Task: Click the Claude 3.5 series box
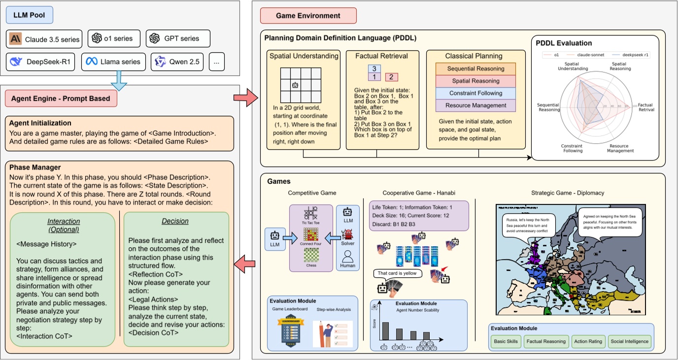click(44, 38)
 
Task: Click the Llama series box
click(113, 62)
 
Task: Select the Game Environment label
click(308, 16)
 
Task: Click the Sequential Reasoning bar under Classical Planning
click(475, 69)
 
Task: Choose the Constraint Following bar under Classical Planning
click(475, 93)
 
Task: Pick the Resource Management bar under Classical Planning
click(475, 105)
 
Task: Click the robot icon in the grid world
click(295, 85)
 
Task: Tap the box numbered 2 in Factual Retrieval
click(391, 77)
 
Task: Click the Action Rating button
click(587, 341)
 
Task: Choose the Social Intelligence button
click(630, 341)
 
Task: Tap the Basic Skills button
click(506, 341)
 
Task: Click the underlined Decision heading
click(175, 222)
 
